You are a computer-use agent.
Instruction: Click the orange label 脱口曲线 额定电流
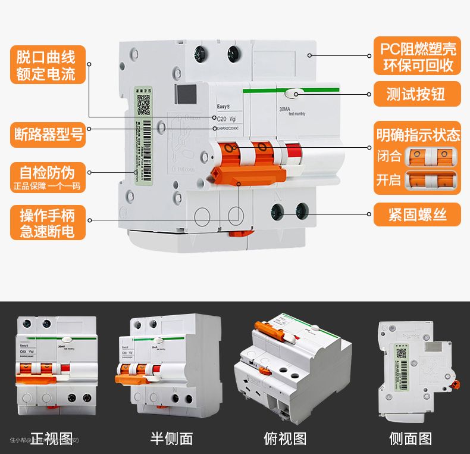(x=47, y=66)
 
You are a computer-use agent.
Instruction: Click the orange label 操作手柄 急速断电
(x=48, y=222)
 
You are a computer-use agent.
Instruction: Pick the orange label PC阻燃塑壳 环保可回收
(x=417, y=56)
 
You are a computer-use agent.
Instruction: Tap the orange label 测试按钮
(x=417, y=94)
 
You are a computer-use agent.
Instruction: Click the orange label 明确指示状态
(x=417, y=134)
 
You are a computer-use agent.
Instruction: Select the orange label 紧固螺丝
(x=417, y=213)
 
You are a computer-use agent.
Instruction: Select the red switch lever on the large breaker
(x=292, y=156)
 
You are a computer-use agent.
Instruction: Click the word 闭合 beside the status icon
(x=389, y=157)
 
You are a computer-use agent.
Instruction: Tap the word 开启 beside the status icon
(x=389, y=181)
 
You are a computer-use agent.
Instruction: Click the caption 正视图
(x=52, y=439)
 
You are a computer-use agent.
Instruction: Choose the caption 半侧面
(x=171, y=439)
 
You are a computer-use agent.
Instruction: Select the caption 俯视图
(x=285, y=439)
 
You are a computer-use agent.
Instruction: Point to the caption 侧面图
(x=411, y=439)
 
